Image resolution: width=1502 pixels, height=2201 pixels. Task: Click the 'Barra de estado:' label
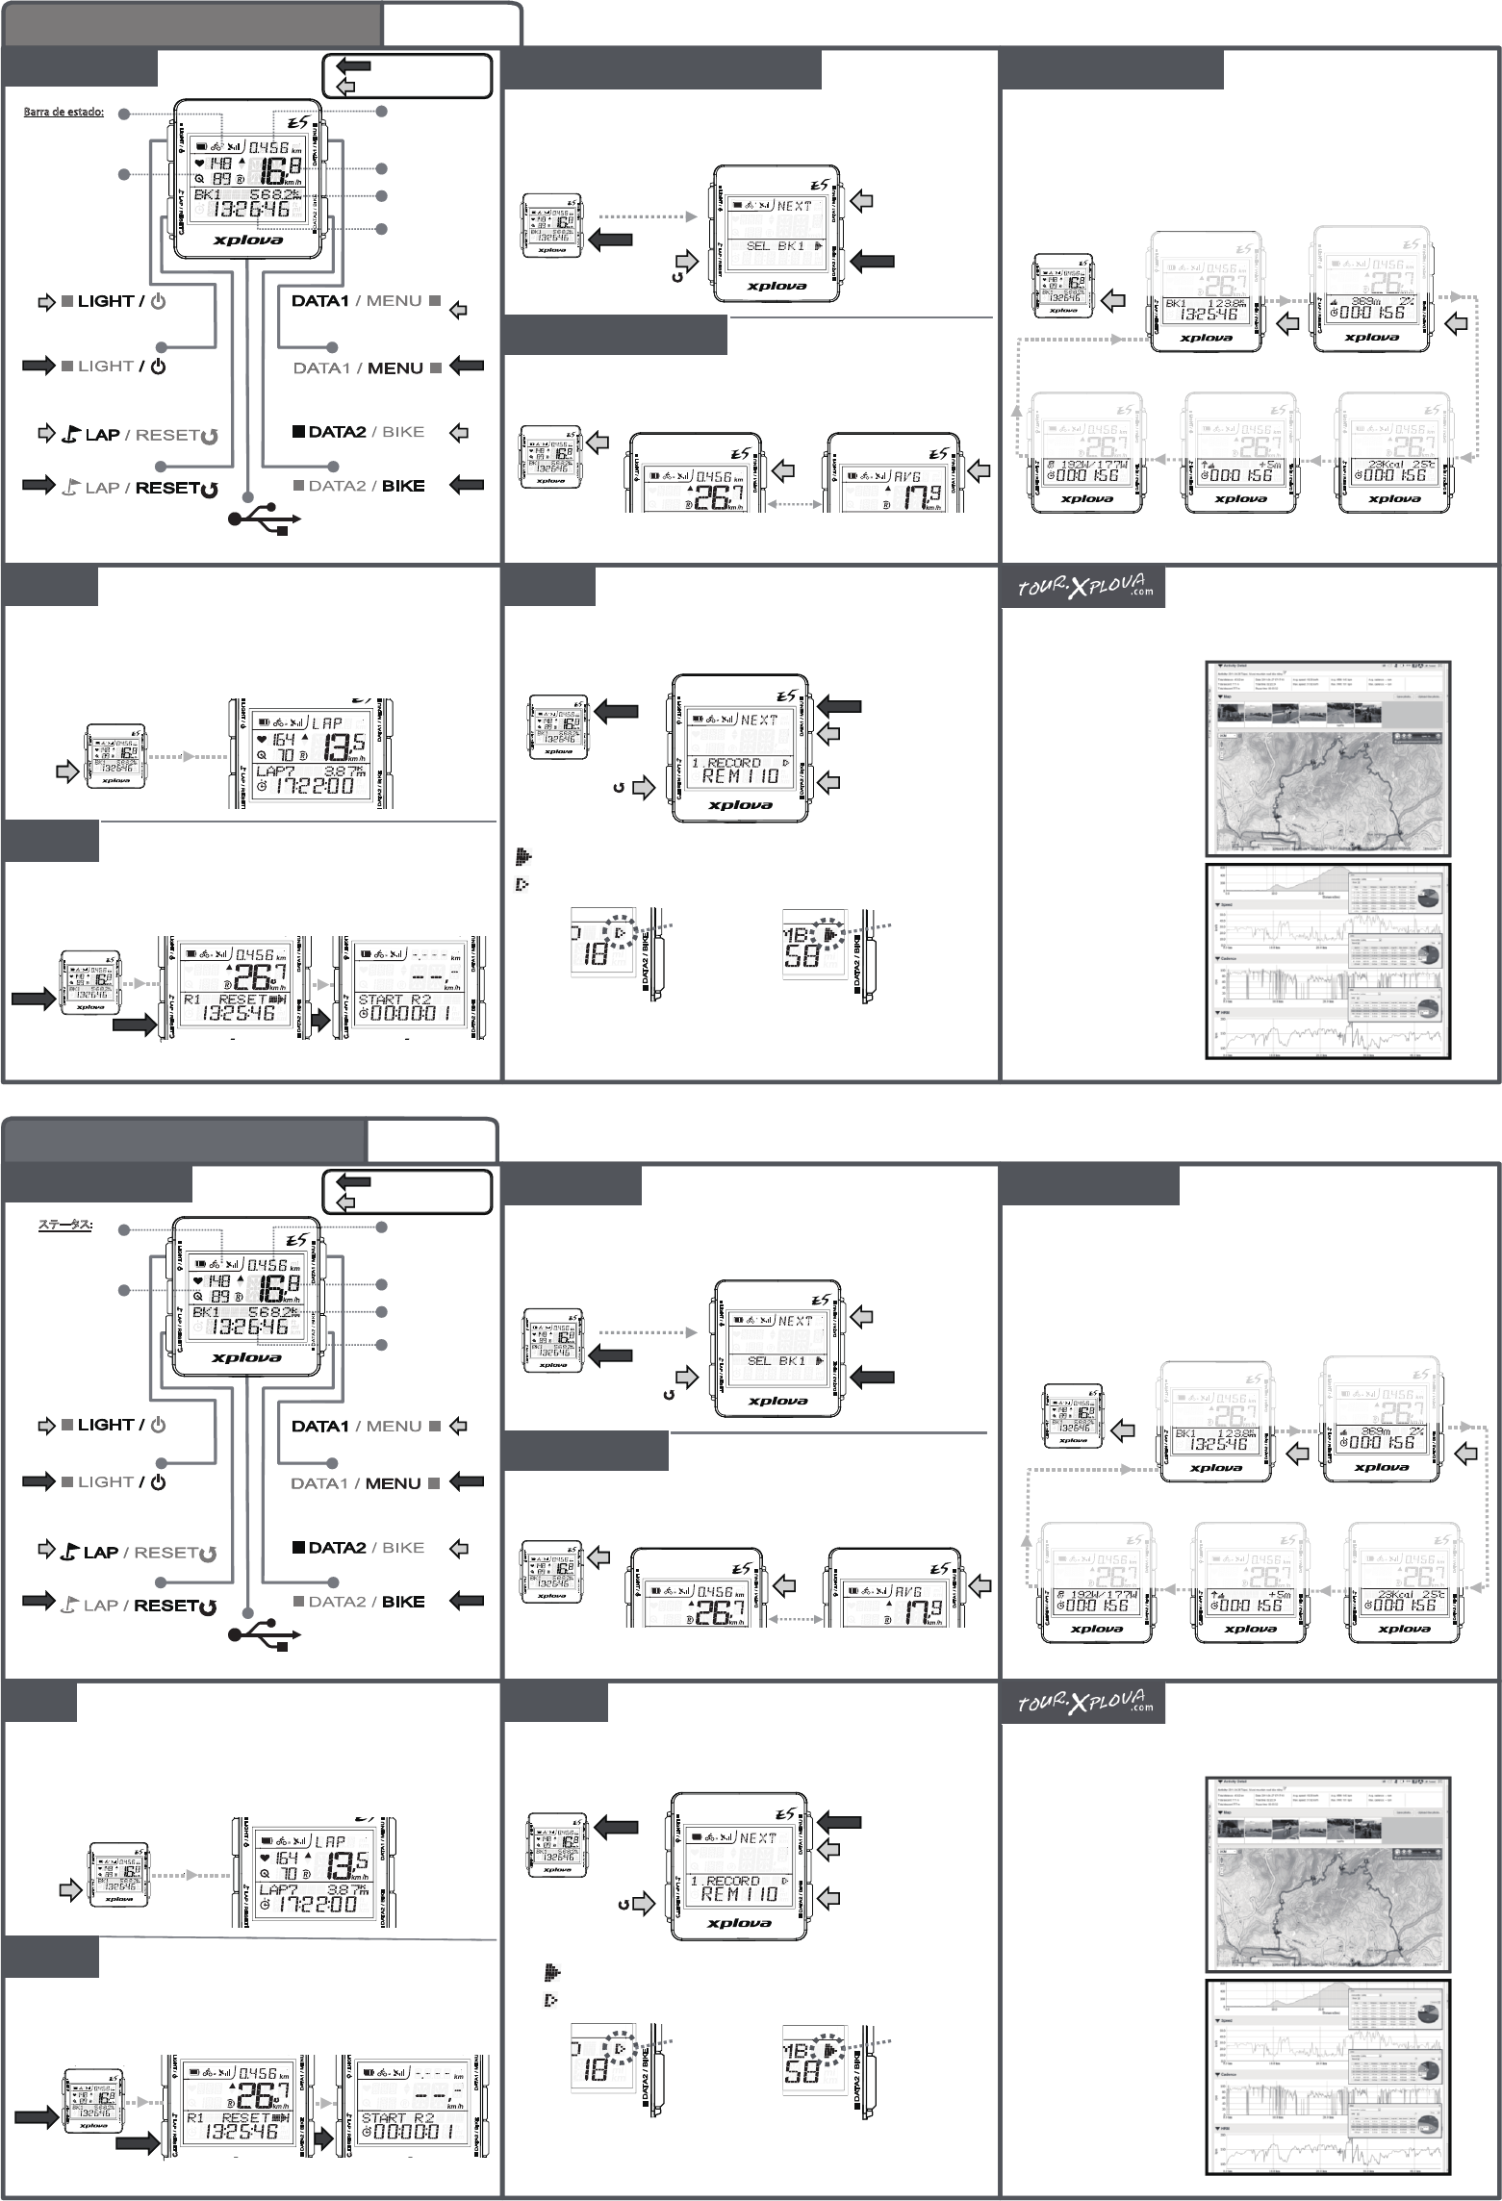click(x=64, y=113)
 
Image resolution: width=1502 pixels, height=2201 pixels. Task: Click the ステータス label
click(x=64, y=1225)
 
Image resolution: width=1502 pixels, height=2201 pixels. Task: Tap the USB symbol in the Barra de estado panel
click(x=264, y=520)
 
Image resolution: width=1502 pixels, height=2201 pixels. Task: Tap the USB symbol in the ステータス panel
click(x=264, y=1634)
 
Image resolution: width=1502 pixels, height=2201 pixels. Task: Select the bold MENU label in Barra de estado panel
click(x=395, y=367)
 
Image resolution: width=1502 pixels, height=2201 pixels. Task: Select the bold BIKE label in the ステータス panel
click(x=403, y=1602)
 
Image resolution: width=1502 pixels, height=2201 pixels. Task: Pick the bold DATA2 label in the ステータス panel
click(x=337, y=1548)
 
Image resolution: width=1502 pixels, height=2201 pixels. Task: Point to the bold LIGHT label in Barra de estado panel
click(x=105, y=301)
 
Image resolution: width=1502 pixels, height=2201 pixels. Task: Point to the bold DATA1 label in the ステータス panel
click(x=319, y=1426)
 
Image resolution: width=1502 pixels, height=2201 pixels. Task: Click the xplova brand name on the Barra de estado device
click(x=247, y=240)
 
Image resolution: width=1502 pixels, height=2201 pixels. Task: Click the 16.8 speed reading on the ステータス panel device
click(x=275, y=1287)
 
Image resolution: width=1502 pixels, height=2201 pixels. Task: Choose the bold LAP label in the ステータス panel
click(x=101, y=1552)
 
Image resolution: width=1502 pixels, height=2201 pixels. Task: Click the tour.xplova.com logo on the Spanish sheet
click(x=1083, y=586)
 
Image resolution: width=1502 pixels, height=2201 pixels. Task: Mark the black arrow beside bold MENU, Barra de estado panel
click(x=467, y=367)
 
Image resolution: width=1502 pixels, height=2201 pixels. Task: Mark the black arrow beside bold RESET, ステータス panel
click(x=39, y=1601)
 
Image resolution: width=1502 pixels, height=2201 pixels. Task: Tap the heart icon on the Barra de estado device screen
click(x=199, y=164)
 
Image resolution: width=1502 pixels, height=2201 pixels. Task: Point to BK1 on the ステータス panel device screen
click(x=206, y=1312)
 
